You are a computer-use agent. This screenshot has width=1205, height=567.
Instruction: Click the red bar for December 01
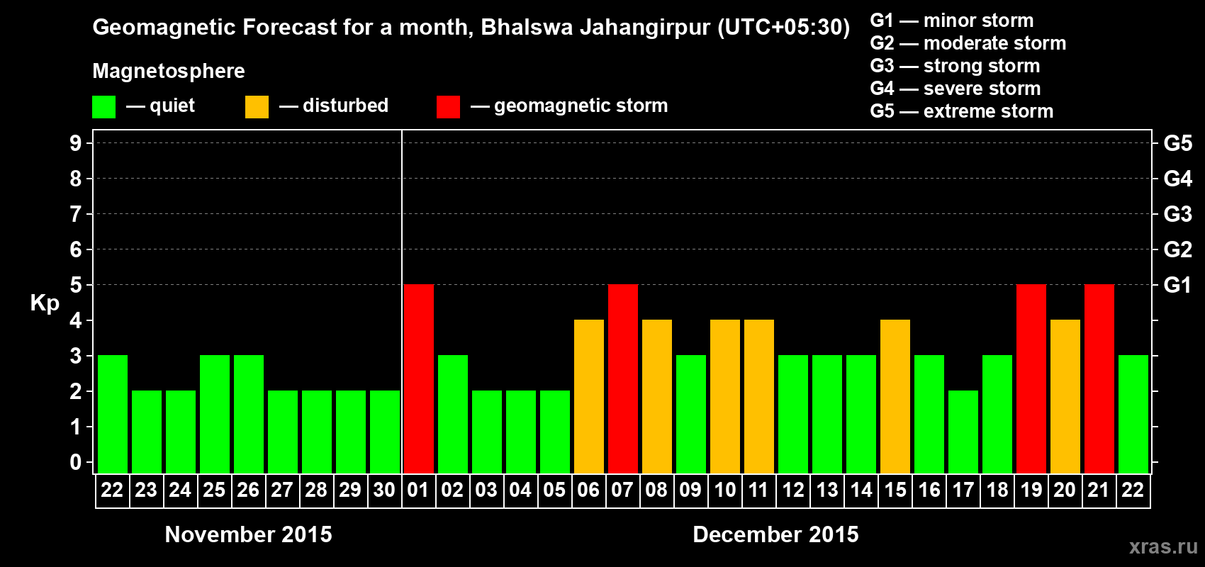coord(418,378)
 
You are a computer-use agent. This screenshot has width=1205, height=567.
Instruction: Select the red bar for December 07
coord(622,378)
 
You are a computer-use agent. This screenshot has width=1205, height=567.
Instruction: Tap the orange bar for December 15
coord(895,396)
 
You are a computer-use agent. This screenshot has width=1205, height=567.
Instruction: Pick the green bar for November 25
coord(214,414)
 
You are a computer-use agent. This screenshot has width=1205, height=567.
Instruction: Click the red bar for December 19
coord(1031,378)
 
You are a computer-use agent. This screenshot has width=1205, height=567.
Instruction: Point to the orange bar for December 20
coord(1065,396)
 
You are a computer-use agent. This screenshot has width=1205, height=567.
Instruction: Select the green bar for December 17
coord(963,432)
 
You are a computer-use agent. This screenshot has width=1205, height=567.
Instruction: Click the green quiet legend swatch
coord(104,107)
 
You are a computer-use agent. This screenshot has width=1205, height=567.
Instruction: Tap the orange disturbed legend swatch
coord(257,107)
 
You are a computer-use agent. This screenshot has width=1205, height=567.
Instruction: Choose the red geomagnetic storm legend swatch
coord(448,107)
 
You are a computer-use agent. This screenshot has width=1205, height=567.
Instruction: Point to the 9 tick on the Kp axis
coord(76,143)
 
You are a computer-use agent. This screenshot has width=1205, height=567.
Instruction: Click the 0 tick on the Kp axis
coord(76,462)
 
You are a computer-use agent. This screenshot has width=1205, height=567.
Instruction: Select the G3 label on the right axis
coord(1177,214)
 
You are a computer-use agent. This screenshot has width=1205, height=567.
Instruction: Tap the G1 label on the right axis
coord(1177,285)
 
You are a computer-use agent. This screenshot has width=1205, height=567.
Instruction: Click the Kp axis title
coord(45,303)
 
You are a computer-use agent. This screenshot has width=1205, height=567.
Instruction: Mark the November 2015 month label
coord(248,534)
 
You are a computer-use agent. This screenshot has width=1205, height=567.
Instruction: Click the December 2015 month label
coord(775,534)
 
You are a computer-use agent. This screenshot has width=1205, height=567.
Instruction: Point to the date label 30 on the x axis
coord(384,490)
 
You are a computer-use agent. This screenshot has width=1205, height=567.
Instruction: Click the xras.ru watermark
coord(1163,546)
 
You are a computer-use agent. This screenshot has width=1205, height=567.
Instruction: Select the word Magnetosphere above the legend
coord(169,71)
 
